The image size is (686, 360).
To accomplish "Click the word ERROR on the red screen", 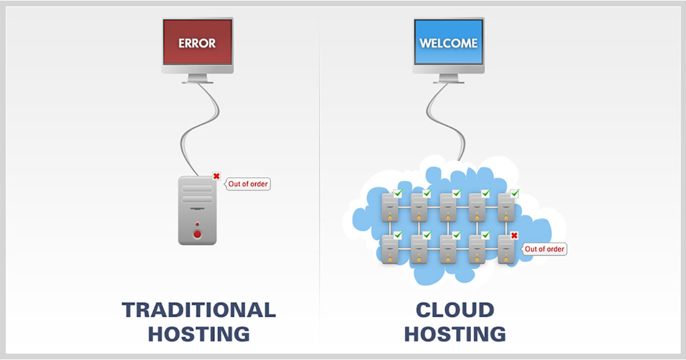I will [197, 43].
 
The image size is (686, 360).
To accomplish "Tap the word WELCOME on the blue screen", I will [448, 43].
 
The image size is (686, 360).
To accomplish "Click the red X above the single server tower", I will [216, 176].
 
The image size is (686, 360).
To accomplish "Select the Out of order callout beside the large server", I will [248, 184].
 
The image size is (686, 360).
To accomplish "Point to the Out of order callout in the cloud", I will [545, 249].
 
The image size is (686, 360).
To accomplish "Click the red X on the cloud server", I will [514, 235].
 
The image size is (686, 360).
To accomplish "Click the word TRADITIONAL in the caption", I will [198, 310].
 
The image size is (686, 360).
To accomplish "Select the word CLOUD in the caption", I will [454, 310].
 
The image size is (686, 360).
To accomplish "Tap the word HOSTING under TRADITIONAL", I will [198, 334].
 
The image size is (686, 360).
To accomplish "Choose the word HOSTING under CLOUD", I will [454, 334].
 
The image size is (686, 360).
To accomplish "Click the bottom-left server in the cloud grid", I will [389, 249].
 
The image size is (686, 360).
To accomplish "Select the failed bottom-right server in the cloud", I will [506, 249].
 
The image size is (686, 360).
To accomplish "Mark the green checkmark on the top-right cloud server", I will [514, 193].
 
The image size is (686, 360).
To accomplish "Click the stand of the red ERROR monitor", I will [197, 79].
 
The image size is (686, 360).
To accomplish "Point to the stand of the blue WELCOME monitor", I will [448, 79].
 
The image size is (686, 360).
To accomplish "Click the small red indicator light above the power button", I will [197, 224].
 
